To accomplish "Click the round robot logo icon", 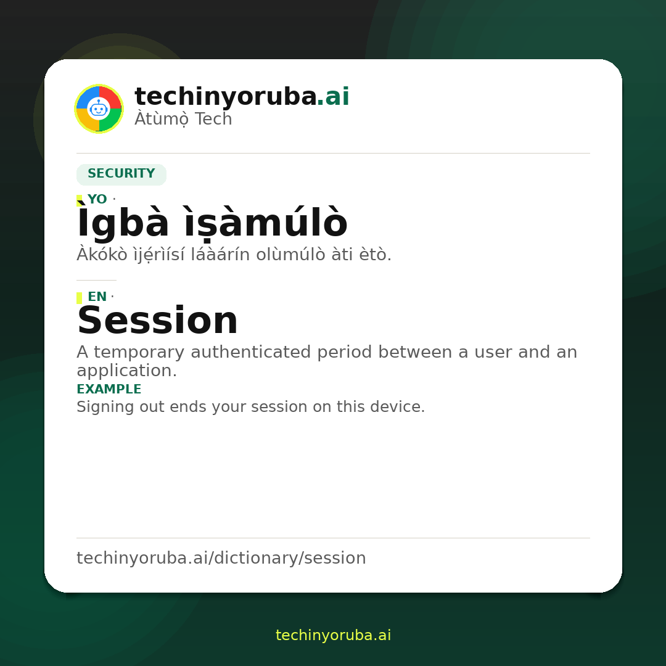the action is coord(99,109).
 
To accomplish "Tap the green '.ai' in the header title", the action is coord(334,96).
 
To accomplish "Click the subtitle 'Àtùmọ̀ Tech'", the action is coord(183,119).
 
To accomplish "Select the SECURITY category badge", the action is coord(121,174).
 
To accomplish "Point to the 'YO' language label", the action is coord(97,199).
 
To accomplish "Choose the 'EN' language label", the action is coord(97,297).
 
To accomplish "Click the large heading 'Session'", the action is coord(158,321).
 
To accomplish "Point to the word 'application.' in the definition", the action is coord(126,371).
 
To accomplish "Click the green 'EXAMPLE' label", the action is coord(109,389).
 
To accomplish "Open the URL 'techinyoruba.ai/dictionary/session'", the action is coord(221,558).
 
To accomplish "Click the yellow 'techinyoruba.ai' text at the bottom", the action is coord(334,635).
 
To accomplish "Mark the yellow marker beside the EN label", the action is coord(79,298).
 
